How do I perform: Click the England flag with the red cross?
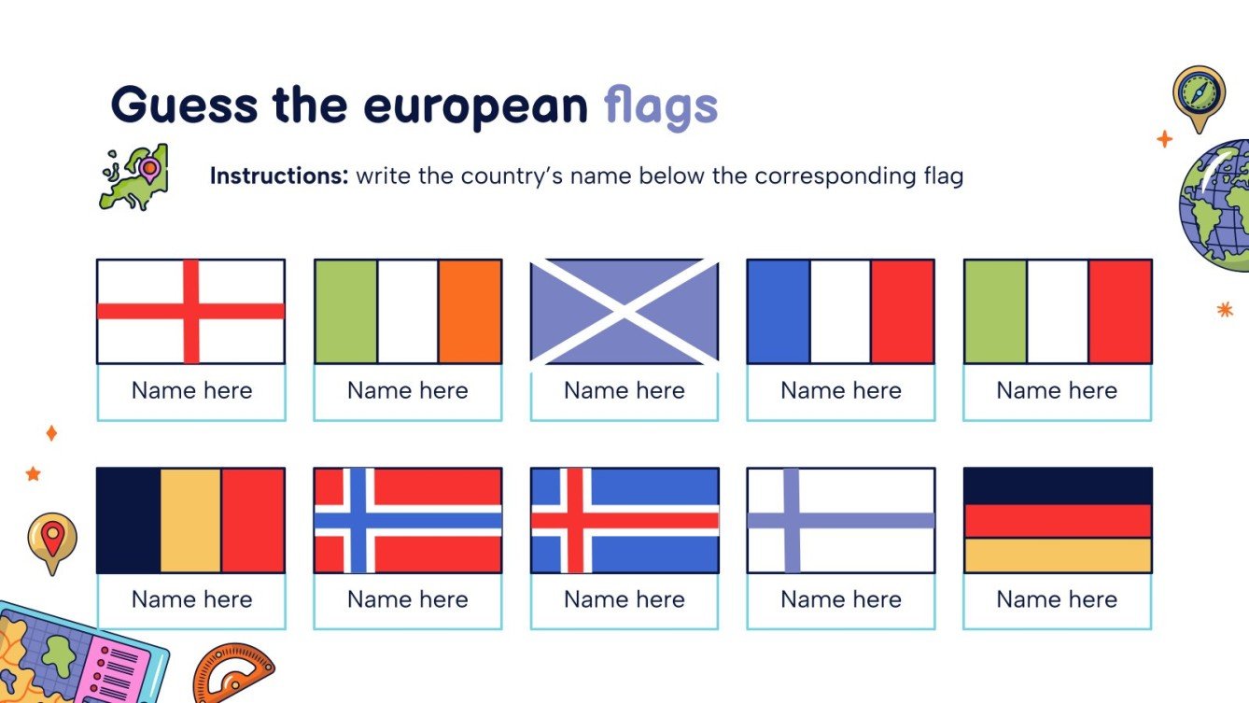pos(190,311)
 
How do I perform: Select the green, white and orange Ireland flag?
pos(407,311)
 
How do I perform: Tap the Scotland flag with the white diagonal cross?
pos(624,311)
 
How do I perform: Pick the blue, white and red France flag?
pos(840,311)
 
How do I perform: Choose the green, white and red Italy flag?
pos(1057,311)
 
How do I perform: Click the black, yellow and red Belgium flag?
pos(190,520)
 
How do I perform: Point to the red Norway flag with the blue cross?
pos(407,520)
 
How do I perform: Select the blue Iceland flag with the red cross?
pos(624,520)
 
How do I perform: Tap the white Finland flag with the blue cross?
pos(840,520)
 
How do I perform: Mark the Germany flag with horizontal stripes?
pos(1057,520)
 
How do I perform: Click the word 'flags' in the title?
pos(661,107)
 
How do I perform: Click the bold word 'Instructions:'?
pos(279,176)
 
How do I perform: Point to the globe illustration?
pos(1216,205)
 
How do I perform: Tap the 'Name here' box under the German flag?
pos(1057,599)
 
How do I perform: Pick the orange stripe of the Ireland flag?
pos(470,311)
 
